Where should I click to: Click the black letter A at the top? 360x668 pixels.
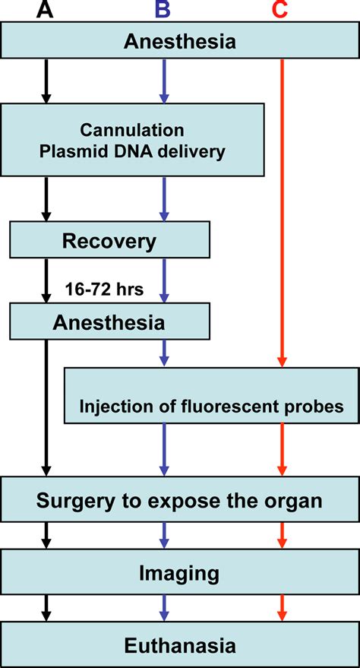click(46, 11)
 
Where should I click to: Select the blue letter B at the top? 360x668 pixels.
click(163, 11)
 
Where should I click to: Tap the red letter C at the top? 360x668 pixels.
click(282, 11)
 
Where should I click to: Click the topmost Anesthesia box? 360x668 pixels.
click(180, 42)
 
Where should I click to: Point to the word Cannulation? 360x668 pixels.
click(132, 129)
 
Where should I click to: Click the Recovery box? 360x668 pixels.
click(109, 242)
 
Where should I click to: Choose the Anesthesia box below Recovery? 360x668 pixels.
click(109, 321)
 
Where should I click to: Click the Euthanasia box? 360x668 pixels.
click(180, 645)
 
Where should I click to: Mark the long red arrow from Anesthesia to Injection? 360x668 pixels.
click(282, 213)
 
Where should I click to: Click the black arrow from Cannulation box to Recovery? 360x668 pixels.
click(46, 200)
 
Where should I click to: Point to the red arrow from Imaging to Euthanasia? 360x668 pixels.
click(282, 606)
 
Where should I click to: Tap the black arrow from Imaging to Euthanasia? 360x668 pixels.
click(46, 606)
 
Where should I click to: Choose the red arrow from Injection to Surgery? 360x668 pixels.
click(282, 450)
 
